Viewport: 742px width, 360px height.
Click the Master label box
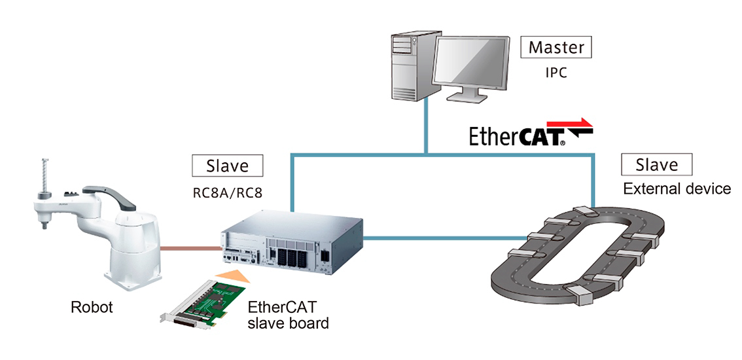556,47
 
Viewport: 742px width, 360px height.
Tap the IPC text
556,72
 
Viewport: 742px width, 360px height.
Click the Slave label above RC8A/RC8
228,165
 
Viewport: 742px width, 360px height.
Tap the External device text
677,189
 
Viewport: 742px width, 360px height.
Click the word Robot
92,306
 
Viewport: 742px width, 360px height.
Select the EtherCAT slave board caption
288,315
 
